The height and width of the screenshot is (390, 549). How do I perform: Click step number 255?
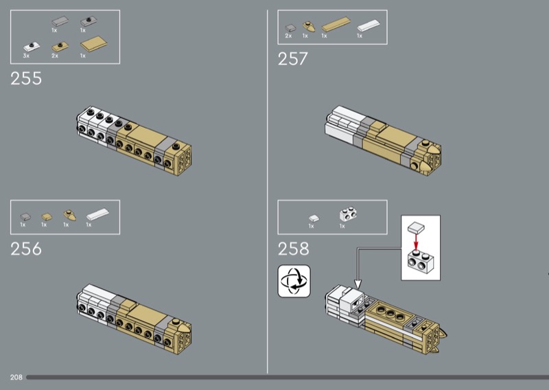pyautogui.click(x=26, y=78)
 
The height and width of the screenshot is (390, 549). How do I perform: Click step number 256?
pyautogui.click(x=26, y=249)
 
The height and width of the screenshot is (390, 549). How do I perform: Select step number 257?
pyautogui.click(x=293, y=58)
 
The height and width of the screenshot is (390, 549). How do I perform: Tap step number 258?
pyautogui.click(x=294, y=249)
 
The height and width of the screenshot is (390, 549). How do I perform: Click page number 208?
pyautogui.click(x=16, y=377)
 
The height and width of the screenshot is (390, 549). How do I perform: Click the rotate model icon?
pyautogui.click(x=294, y=281)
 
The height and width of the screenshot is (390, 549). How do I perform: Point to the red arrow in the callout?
pyautogui.click(x=416, y=242)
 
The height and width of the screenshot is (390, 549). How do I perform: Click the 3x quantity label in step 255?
pyautogui.click(x=26, y=56)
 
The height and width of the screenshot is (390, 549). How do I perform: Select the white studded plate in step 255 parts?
pyautogui.click(x=32, y=47)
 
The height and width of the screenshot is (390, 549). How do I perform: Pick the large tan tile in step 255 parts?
pyautogui.click(x=94, y=44)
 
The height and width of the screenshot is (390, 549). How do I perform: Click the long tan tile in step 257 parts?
pyautogui.click(x=336, y=24)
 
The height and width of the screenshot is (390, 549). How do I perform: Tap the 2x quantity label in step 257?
pyautogui.click(x=288, y=36)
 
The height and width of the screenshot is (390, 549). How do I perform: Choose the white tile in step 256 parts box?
pyautogui.click(x=97, y=214)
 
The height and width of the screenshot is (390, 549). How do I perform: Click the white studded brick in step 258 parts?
pyautogui.click(x=348, y=214)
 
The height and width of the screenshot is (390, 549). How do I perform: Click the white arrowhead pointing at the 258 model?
pyautogui.click(x=358, y=284)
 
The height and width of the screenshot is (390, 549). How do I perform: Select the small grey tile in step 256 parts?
pyautogui.click(x=25, y=217)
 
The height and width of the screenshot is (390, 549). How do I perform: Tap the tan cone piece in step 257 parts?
pyautogui.click(x=308, y=27)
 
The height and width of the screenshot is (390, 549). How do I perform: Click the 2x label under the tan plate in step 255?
pyautogui.click(x=55, y=56)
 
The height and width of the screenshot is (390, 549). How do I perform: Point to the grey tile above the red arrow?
pyautogui.click(x=416, y=228)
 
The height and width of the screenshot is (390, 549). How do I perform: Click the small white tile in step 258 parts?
pyautogui.click(x=314, y=218)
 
